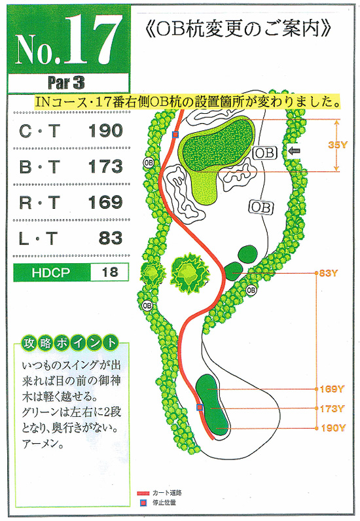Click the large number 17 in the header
coord(92,40)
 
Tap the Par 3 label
coord(66,82)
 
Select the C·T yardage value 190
coord(105,131)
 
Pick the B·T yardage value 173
coord(105,166)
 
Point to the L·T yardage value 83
coord(111,238)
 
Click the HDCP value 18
coord(110,272)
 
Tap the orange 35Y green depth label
coord(338,145)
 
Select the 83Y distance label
coord(329,273)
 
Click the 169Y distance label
coord(331,389)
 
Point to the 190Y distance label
coord(333,428)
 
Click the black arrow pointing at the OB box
coord(294,151)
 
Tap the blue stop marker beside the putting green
coord(175,135)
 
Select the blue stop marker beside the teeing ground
coord(200,407)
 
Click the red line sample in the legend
coord(143,494)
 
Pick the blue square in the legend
coord(143,503)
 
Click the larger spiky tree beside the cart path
coord(189,272)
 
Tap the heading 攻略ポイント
coord(70,343)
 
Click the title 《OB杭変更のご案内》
coord(238,29)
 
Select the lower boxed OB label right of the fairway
coord(261,207)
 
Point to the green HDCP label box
coord(52,272)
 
